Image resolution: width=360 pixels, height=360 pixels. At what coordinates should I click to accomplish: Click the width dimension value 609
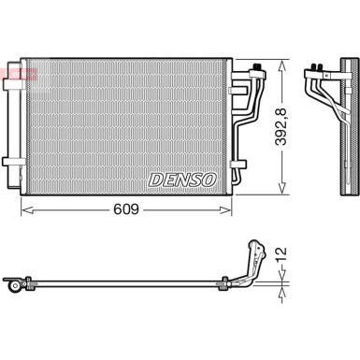pos(126,211)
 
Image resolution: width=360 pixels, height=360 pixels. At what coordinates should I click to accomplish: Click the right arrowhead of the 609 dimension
pos(225,211)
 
